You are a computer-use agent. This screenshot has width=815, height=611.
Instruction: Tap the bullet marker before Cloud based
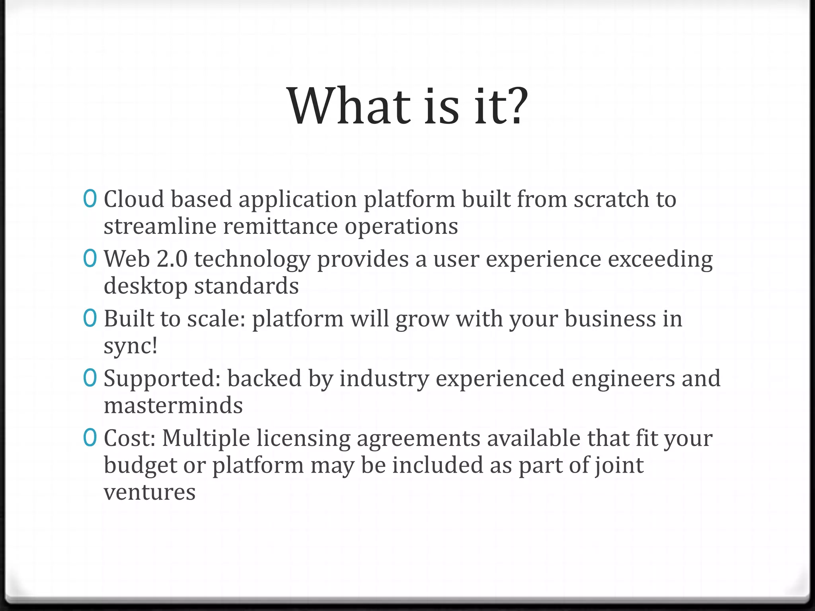(90, 198)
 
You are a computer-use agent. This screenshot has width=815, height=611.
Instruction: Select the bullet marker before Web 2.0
(90, 259)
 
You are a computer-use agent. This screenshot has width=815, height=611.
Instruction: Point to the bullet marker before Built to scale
(90, 318)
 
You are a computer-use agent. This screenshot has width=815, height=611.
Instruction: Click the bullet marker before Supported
(90, 378)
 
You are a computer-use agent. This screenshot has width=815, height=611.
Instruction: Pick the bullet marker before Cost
(90, 438)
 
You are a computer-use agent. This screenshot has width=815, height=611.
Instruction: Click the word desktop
(145, 286)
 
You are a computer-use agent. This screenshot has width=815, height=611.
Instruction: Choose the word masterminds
(173, 405)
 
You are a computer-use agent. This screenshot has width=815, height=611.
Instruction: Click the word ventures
(150, 492)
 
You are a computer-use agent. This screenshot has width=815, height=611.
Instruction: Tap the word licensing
(303, 439)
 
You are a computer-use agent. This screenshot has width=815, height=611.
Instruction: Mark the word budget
(140, 466)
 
